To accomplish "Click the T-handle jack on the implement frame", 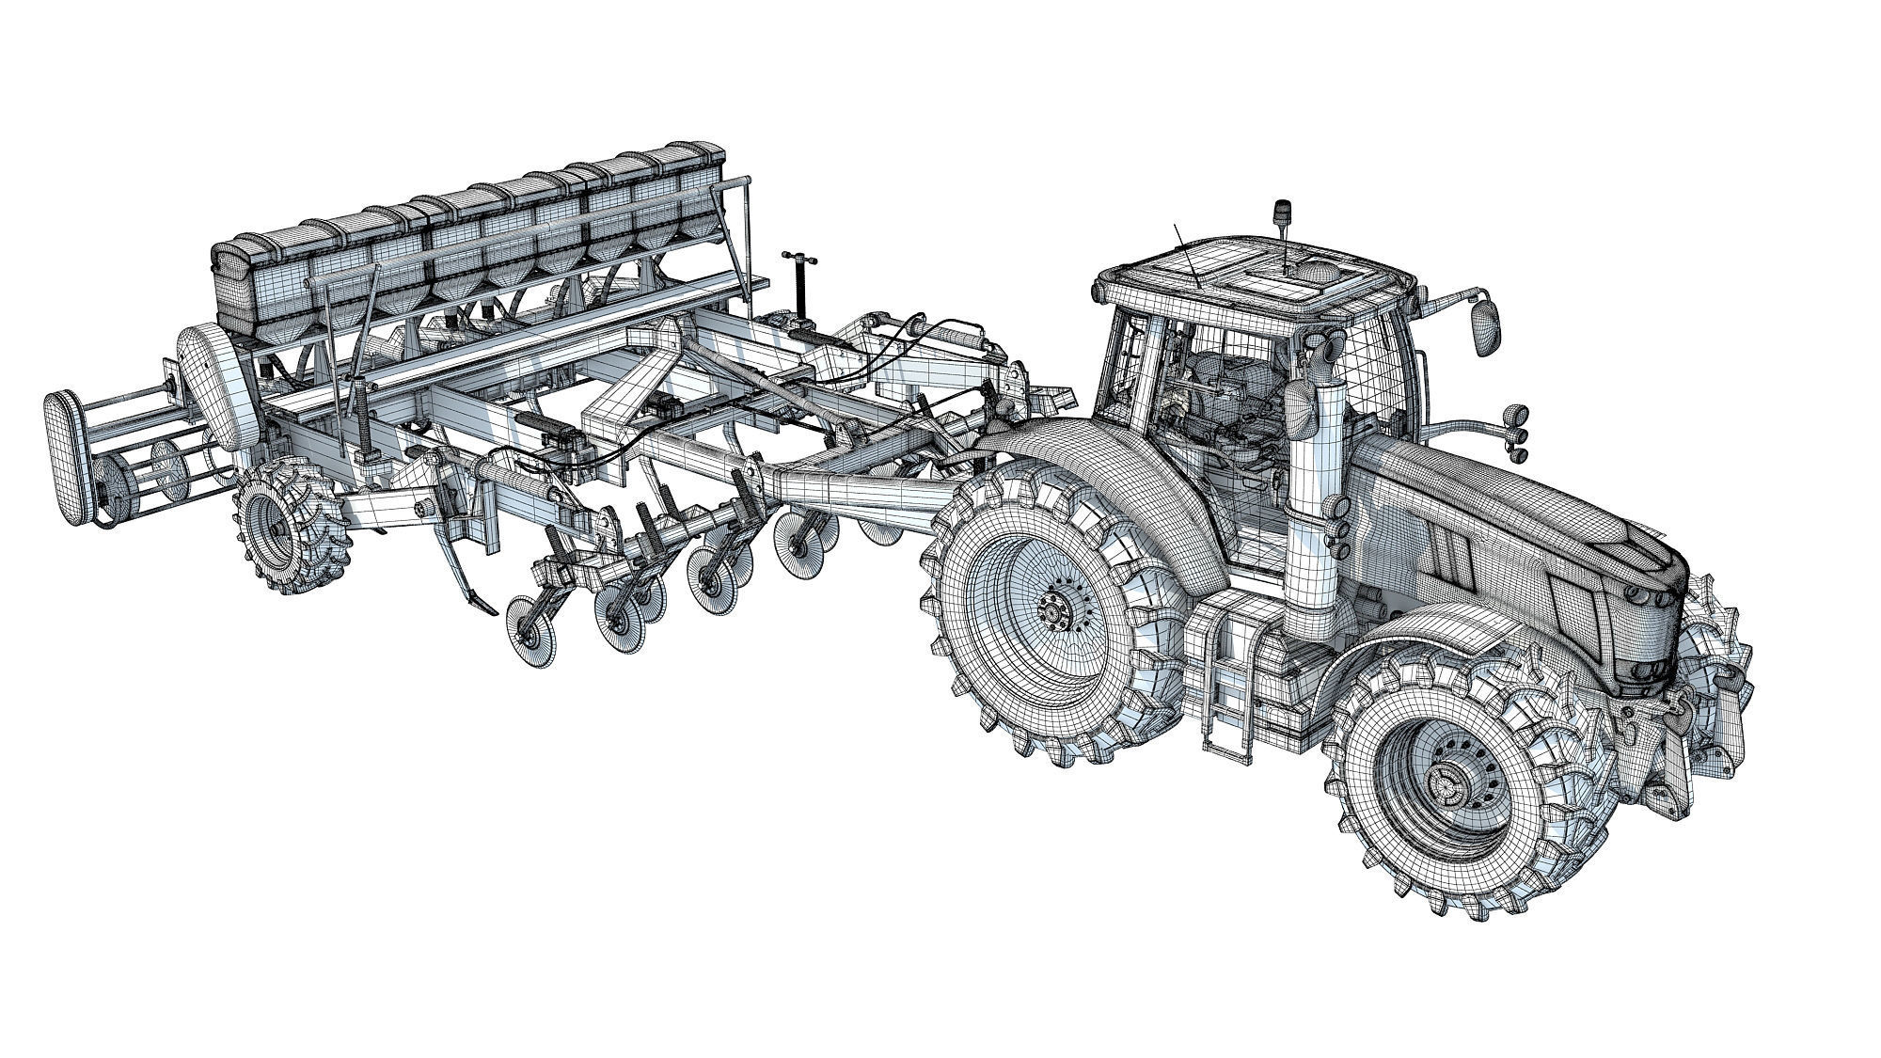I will [x=798, y=283].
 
